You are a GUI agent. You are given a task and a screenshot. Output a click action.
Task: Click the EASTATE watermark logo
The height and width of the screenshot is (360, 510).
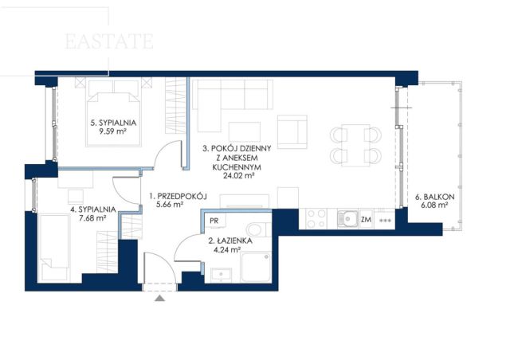click(x=109, y=41)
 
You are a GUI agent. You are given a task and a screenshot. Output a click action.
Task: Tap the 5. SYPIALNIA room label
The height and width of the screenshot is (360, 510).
click(x=113, y=123)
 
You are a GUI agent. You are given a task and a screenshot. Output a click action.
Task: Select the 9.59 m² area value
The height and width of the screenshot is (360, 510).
click(x=113, y=131)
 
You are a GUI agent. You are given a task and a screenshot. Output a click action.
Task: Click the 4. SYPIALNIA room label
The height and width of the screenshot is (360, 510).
click(x=93, y=209)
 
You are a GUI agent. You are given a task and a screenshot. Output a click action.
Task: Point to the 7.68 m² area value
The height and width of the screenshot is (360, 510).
click(x=93, y=218)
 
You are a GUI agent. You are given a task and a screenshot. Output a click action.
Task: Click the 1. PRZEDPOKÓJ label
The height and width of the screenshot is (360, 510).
click(x=178, y=196)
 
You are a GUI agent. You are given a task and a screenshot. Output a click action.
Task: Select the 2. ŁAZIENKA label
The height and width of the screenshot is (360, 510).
click(x=230, y=241)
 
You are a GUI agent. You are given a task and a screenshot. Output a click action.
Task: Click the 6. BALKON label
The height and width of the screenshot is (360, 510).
click(x=434, y=197)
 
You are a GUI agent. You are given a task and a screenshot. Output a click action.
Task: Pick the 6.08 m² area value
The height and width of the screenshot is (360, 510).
click(x=435, y=205)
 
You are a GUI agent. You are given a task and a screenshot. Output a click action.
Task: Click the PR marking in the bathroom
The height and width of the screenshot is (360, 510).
click(x=214, y=221)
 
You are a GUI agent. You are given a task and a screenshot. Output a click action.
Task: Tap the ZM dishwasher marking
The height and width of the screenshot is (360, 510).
click(x=366, y=220)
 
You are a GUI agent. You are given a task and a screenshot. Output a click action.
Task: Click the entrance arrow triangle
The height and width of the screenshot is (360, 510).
click(x=159, y=298)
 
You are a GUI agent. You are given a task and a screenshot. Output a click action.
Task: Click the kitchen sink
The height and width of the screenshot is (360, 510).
click(x=347, y=218)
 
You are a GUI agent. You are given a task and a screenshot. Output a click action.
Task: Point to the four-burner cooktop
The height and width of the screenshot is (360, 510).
click(x=316, y=218)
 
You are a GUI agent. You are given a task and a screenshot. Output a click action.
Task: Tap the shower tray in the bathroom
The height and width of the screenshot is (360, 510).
click(x=256, y=267)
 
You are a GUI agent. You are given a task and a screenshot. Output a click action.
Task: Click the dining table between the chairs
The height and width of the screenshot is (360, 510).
click(x=355, y=145)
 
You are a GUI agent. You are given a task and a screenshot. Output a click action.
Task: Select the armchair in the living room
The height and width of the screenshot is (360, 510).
click(x=292, y=131)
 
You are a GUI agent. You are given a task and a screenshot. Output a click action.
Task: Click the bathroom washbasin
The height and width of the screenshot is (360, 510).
click(x=222, y=276)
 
